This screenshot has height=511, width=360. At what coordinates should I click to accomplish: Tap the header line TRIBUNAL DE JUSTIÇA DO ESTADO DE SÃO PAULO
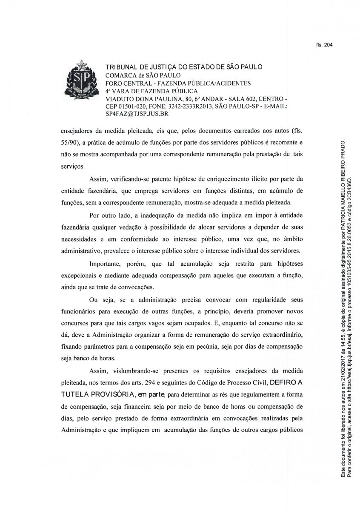184,67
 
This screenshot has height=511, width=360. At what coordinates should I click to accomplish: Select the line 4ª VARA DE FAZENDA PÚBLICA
151,91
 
